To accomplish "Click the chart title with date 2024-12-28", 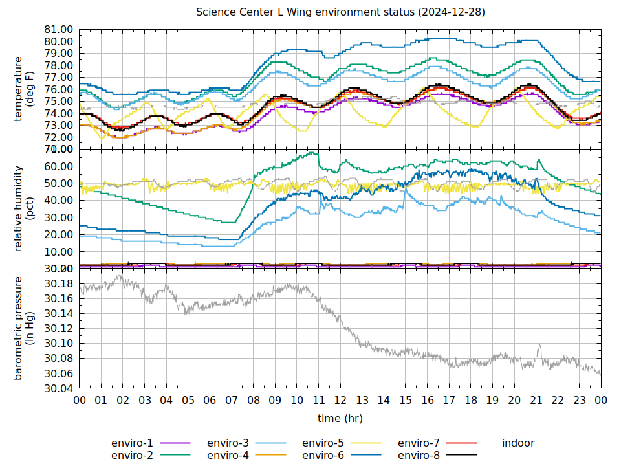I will (x=341, y=12).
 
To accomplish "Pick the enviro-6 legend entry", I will (x=323, y=455).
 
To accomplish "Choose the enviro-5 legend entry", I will (x=323, y=443).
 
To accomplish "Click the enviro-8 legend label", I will (x=419, y=455).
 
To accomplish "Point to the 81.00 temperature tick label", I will (x=58, y=30).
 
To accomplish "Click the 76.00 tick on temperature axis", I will (x=58, y=89).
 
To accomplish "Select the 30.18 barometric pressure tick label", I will (x=58, y=283).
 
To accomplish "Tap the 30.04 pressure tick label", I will (x=58, y=389).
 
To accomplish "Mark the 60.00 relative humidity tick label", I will (x=58, y=166).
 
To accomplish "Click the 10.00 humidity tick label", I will (x=58, y=252).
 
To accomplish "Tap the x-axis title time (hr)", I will (x=340, y=418).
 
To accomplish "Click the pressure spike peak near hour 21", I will (x=539, y=344).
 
